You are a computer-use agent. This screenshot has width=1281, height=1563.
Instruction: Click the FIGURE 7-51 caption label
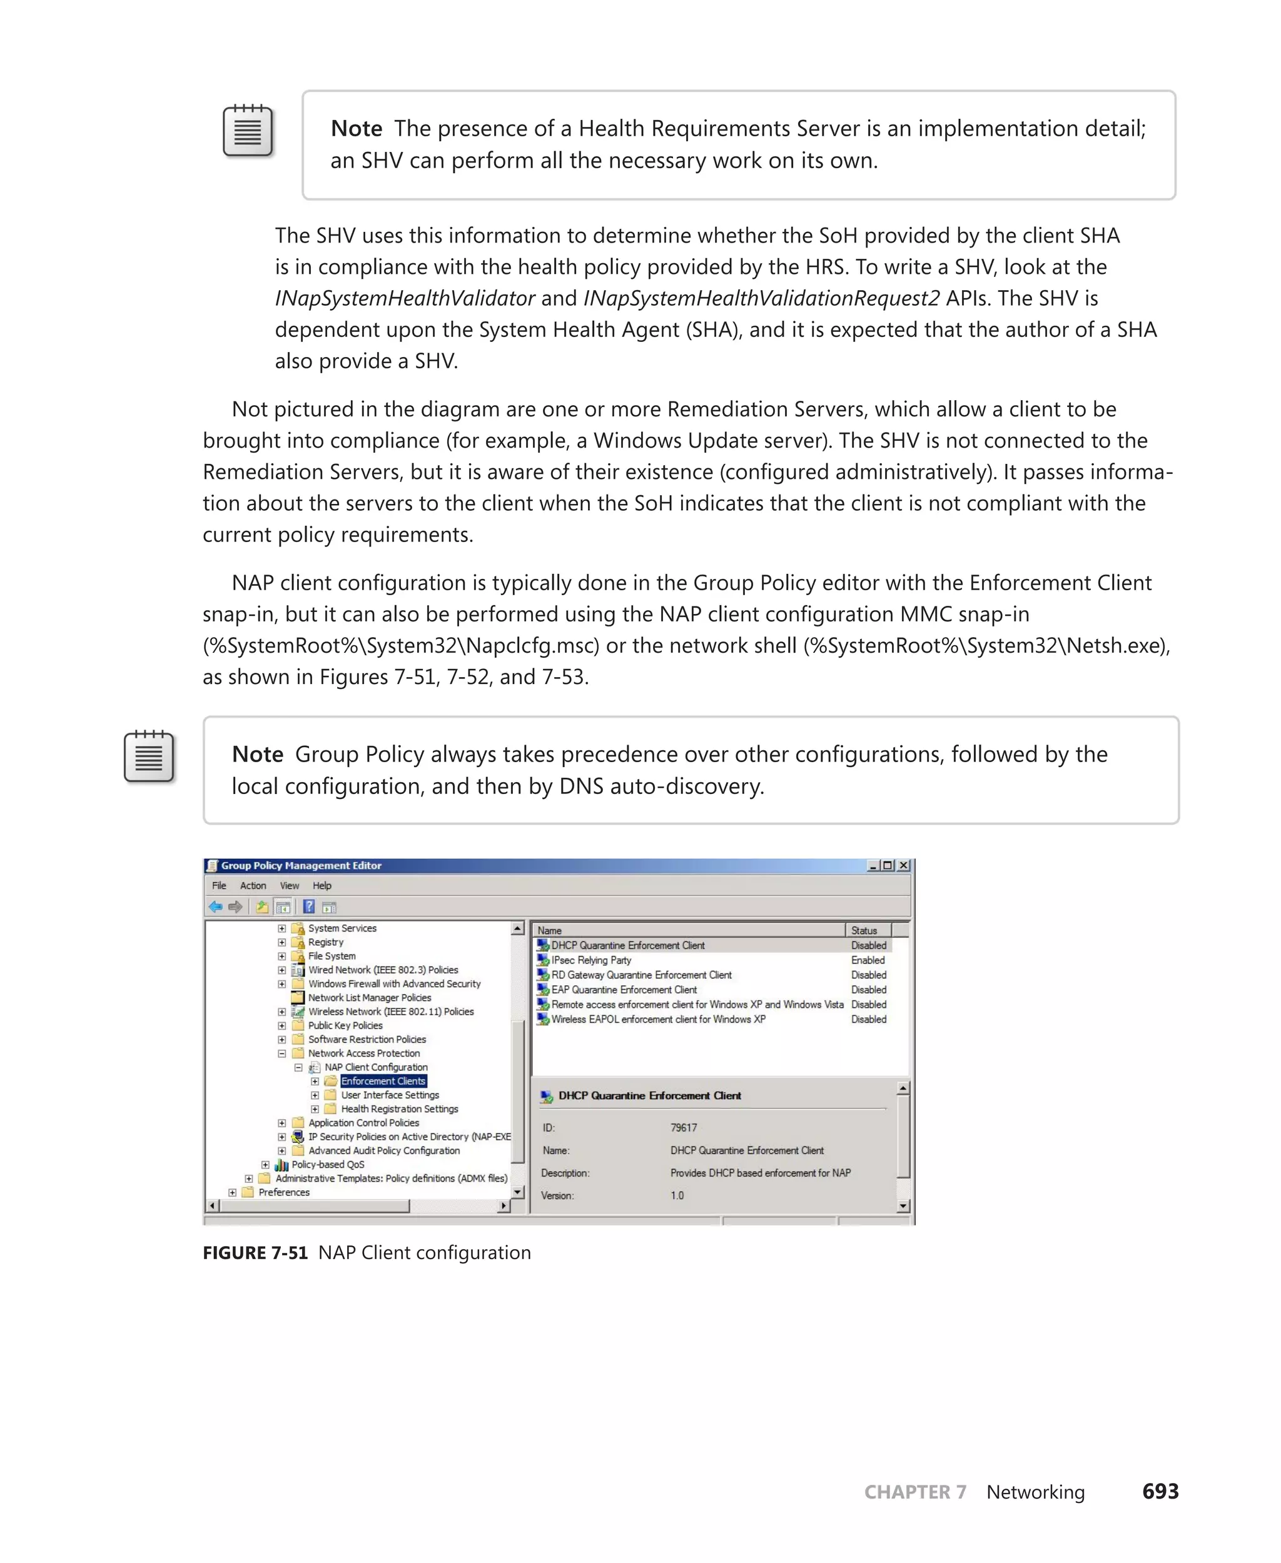pos(255,1252)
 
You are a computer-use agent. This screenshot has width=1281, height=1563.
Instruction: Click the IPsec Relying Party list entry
pos(591,960)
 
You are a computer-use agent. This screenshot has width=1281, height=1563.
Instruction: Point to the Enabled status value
pos(867,960)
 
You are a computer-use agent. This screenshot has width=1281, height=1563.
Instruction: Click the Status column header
pos(864,930)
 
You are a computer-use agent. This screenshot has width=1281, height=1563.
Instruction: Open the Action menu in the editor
pos(252,885)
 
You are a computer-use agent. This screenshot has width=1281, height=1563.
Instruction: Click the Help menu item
pos(322,885)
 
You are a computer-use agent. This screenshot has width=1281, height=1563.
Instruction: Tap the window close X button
pos(903,865)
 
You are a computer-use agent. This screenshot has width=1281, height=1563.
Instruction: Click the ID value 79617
pos(683,1127)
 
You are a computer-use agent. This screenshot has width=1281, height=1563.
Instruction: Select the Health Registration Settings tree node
pos(399,1108)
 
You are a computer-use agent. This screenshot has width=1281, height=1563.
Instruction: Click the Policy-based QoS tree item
pos(328,1164)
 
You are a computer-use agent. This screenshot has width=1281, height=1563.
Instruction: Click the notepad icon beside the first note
pos(248,131)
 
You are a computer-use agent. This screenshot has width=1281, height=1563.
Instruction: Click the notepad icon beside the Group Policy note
pos(149,756)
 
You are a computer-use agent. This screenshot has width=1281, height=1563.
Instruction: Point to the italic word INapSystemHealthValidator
pos(404,298)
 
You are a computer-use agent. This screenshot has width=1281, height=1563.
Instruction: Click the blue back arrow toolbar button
pos(215,907)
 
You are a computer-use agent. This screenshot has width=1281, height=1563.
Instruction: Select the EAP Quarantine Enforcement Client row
pos(624,989)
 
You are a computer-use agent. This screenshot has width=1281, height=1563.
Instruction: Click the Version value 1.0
pos(677,1195)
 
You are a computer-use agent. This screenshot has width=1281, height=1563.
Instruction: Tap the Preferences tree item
pos(284,1192)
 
